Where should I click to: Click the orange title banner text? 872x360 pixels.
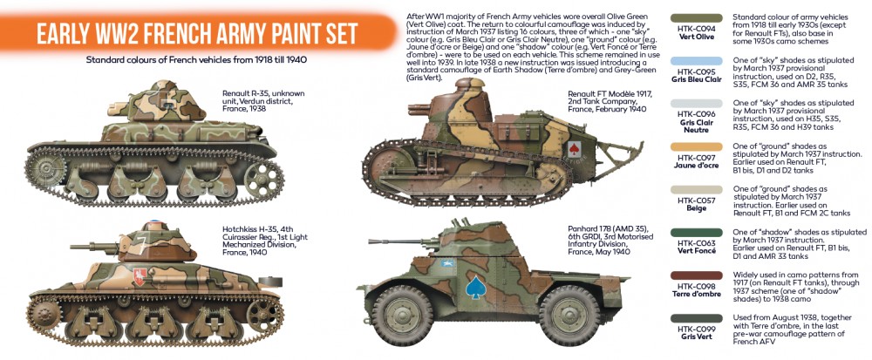196,34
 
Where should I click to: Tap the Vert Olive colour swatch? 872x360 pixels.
696,17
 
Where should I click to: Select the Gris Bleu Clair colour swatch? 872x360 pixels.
696,61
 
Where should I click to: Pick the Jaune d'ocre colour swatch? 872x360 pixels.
696,146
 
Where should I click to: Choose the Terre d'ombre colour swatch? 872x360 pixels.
696,275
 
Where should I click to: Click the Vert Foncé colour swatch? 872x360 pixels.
696,233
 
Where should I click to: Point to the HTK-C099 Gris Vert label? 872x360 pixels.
697,332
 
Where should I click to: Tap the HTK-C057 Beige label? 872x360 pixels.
697,205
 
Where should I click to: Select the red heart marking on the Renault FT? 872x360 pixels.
575,148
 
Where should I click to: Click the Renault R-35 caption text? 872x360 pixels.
263,101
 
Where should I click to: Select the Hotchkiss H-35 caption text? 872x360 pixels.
264,240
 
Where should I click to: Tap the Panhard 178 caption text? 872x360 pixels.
610,240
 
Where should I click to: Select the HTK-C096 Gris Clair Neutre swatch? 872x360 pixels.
696,104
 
